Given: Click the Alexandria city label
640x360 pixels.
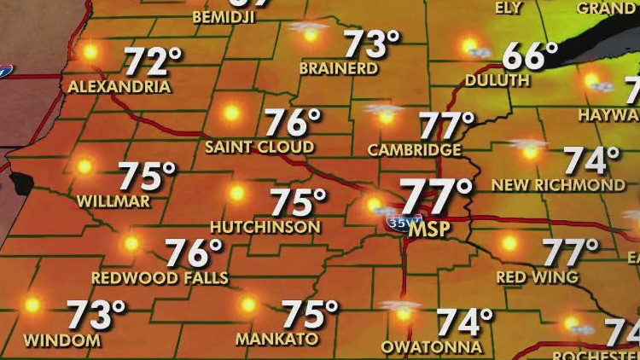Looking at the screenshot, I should [119, 87].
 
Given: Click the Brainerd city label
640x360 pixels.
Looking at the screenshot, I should [339, 67].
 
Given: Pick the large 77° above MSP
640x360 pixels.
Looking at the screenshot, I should [436, 197].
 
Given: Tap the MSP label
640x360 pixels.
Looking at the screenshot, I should [428, 229].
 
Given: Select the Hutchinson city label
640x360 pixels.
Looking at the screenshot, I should [265, 227].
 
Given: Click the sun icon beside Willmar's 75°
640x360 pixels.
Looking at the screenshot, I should [84, 166].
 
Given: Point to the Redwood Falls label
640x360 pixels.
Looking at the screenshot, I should [160, 278].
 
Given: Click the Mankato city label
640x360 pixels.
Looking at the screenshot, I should [276, 340].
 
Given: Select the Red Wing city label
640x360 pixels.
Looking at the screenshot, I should [538, 277].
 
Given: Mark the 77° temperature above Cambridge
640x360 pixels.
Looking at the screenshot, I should [446, 125].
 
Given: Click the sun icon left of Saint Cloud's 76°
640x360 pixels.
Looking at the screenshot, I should [231, 113].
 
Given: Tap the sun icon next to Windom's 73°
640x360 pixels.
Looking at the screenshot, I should [32, 305].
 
